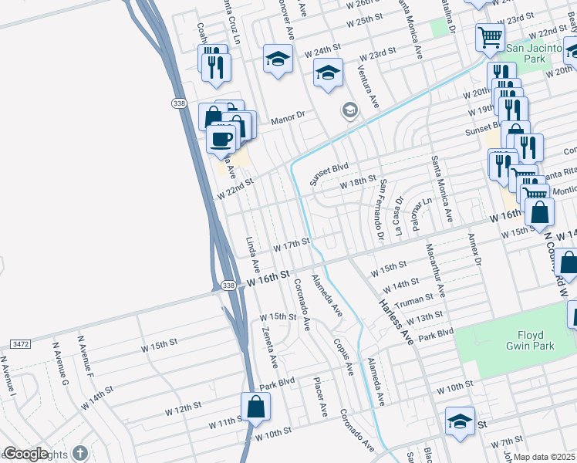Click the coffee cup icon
pyautogui.click(x=221, y=139)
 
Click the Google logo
pyautogui.click(x=25, y=454)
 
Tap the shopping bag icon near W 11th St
pyautogui.click(x=255, y=407)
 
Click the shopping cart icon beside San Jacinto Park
pyautogui.click(x=490, y=36)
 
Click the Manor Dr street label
pyautogui.click(x=288, y=120)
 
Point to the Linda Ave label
pyautogui.click(x=253, y=255)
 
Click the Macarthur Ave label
pyautogui.click(x=435, y=269)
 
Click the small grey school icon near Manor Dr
pyautogui.click(x=349, y=111)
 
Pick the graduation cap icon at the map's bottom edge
pyautogui.click(x=459, y=422)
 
